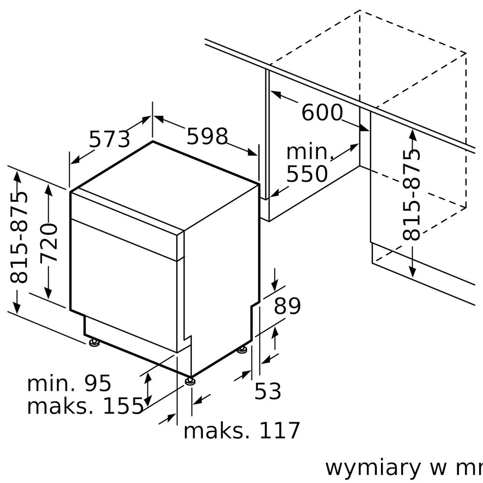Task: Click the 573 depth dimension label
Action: coord(109,139)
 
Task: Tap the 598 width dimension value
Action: coord(207,136)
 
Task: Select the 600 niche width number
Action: coord(322,113)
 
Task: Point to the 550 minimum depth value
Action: coord(307,174)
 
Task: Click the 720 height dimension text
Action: coord(49,242)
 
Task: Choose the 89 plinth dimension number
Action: coord(287,306)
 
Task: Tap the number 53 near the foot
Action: coord(268,391)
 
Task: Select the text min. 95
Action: coord(69,384)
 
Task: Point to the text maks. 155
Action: coord(85,406)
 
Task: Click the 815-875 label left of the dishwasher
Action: coord(19,237)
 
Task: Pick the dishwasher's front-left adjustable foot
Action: coord(94,342)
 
